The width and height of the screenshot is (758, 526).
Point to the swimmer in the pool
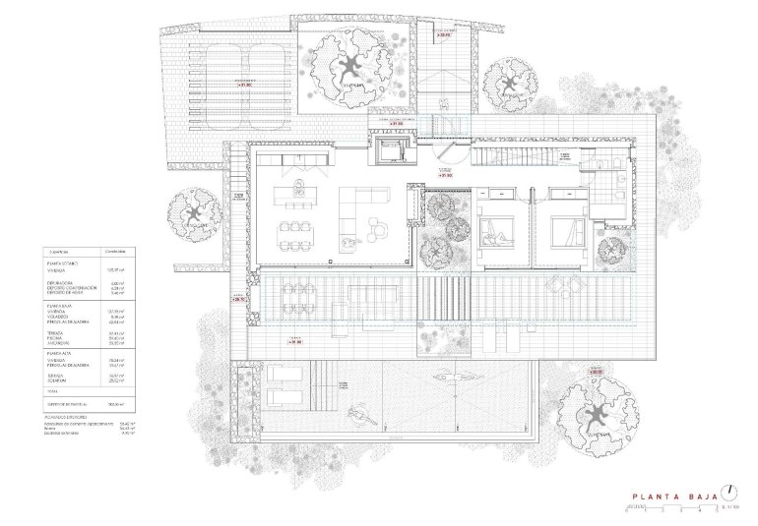(x=358, y=413)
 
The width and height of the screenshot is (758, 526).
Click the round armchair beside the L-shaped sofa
(x=379, y=229)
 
